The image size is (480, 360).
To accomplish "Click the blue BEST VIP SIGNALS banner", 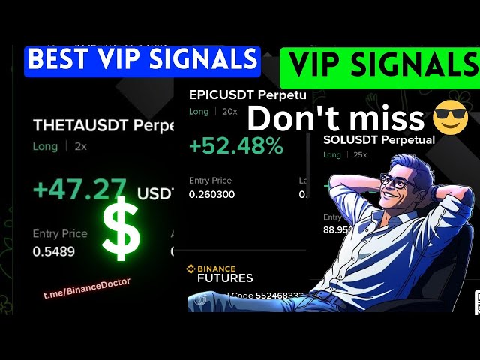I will pos(142,59).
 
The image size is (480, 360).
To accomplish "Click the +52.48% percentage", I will pos(235,146).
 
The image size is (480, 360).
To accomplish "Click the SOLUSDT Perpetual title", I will pos(379,139).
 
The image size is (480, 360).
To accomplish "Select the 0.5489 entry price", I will pos(53,251).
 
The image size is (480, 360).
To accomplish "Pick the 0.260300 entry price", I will pos(211,194).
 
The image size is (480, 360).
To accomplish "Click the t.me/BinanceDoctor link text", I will pos(87,288).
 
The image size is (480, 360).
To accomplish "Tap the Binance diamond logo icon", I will pos(190,268).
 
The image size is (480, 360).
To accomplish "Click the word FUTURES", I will pos(225,277).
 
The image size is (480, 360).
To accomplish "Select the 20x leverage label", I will pos(229,111).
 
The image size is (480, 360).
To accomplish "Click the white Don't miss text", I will pos(335,119).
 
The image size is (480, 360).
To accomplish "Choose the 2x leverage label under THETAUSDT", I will pos(80,146).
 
